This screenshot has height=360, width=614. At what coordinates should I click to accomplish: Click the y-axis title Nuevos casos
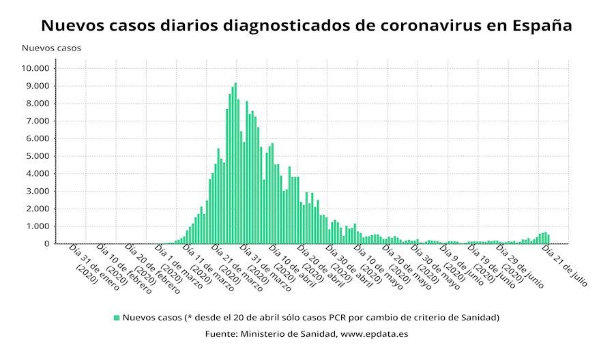[51, 48]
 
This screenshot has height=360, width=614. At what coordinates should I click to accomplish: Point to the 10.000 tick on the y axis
[35, 68]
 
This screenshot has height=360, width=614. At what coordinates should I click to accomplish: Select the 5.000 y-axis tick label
[38, 156]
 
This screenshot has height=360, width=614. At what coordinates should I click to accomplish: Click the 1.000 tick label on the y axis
[38, 226]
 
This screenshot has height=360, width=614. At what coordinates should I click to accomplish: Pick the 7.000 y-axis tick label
[38, 121]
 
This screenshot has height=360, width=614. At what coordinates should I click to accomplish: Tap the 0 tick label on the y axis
[47, 243]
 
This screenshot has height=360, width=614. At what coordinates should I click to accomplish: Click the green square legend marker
[117, 317]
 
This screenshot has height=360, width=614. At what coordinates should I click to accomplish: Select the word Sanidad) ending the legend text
[481, 317]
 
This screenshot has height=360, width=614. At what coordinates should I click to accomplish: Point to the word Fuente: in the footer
[220, 334]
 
